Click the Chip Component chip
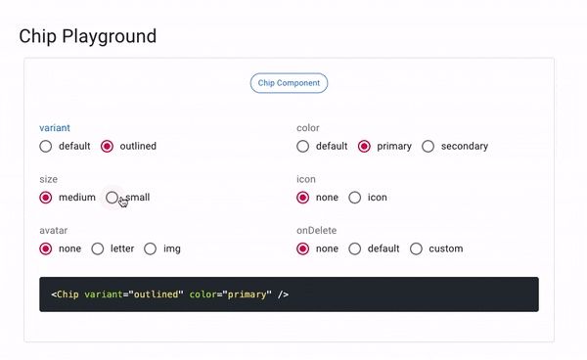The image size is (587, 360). coord(289,83)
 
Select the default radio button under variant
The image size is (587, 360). coord(46,147)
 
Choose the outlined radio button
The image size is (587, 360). coord(107,147)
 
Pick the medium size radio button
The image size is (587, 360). coord(46,198)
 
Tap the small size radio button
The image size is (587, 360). coord(112,198)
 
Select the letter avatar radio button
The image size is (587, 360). coord(98,248)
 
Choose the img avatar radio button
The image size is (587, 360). coord(150,248)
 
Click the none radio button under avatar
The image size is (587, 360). coord(46,248)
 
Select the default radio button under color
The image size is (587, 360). coord(303,147)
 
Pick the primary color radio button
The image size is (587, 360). coord(364,147)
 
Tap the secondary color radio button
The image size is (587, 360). coord(428,147)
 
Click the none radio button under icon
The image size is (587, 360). coord(303,198)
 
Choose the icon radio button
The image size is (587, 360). coord(355,198)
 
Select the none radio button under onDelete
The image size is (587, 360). coord(303,248)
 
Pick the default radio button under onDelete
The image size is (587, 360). coord(355,248)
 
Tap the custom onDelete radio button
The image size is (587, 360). coord(416,248)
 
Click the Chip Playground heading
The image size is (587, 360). coord(88,36)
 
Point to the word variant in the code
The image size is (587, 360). coord(104,294)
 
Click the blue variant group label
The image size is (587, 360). coord(55,128)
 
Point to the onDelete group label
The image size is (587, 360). coord(316,231)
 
